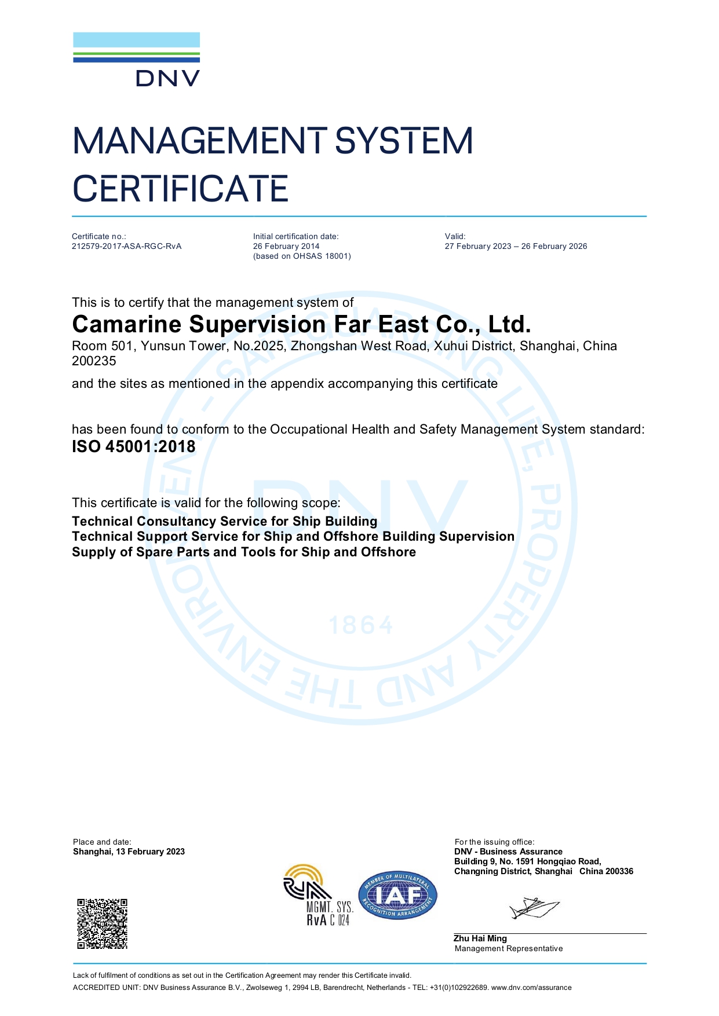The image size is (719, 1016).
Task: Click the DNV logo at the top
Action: tap(137, 59)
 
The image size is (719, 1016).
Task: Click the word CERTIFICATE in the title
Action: tap(180, 189)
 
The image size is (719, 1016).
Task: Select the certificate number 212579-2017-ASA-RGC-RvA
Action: tap(126, 246)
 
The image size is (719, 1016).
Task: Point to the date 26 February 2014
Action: tap(286, 246)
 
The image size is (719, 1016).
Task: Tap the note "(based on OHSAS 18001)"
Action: tap(302, 256)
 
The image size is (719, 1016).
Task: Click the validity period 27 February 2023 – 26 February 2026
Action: tap(516, 246)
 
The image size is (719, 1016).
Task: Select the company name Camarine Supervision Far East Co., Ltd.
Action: tap(301, 324)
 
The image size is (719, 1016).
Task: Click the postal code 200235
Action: tap(94, 361)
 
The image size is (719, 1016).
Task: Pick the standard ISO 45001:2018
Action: tap(134, 446)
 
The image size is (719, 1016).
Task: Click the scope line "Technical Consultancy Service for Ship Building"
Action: tap(224, 521)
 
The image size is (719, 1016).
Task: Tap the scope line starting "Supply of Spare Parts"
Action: tap(243, 552)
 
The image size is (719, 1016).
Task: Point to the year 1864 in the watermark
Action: tap(360, 625)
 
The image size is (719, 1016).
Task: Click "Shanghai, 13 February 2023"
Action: tap(129, 852)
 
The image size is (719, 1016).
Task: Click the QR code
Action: tap(103, 923)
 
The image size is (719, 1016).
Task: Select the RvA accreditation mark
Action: tap(317, 895)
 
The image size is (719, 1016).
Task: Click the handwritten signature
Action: tap(534, 908)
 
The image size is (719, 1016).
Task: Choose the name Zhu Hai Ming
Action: tap(480, 938)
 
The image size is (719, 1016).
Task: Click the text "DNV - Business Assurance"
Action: tap(508, 852)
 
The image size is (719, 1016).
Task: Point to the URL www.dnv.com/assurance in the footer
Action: tap(531, 988)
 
